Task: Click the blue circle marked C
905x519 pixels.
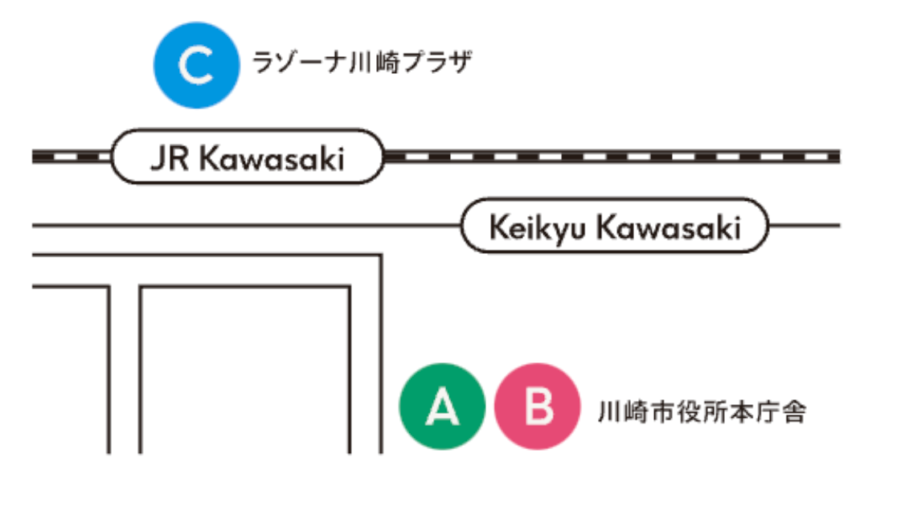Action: (196, 66)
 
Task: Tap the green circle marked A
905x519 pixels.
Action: (442, 407)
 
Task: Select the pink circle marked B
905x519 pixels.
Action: (537, 407)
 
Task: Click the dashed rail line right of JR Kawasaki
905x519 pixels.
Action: (611, 156)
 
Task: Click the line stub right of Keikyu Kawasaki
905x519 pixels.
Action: (804, 225)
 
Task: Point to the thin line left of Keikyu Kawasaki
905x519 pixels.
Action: (241, 226)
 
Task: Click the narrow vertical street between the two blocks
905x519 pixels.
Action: (125, 370)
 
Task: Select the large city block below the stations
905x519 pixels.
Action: (244, 370)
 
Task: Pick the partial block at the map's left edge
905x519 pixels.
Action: (69, 370)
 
